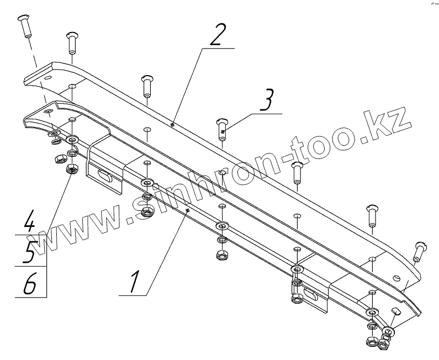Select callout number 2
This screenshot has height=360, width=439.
tap(218, 35)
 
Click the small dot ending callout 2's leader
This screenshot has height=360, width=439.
tap(173, 124)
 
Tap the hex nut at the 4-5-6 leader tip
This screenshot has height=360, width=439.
tap(71, 170)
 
